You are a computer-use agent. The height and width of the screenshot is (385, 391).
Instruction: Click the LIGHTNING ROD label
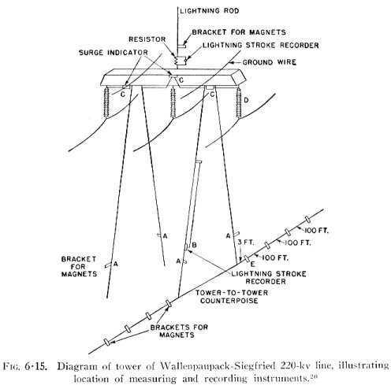[210, 11]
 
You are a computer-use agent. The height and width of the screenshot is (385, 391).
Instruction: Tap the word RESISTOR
[147, 39]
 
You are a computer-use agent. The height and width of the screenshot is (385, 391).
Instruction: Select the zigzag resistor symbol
[175, 60]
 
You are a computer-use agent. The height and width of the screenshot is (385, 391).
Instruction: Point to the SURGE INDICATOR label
[114, 53]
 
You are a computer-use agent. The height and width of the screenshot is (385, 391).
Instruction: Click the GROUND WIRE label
[270, 62]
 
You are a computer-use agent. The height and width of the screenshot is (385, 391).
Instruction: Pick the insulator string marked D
[239, 102]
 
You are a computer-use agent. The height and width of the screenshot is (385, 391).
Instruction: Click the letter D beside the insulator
[247, 100]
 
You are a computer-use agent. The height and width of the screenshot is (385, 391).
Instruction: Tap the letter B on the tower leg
[195, 245]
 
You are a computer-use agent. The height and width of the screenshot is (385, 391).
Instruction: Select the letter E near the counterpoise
[252, 265]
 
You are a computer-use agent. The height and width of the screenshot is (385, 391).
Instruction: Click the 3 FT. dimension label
[246, 242]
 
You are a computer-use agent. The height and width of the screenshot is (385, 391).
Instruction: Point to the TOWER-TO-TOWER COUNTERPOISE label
[231, 297]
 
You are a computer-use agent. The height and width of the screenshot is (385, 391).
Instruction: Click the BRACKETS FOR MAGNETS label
[179, 331]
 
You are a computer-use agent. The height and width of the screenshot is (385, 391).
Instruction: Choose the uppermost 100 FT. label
[316, 231]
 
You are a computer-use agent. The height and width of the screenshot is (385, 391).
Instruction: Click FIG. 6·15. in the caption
[25, 366]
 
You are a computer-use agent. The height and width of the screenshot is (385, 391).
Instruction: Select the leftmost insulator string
[106, 102]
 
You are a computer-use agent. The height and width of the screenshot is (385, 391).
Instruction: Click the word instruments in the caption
[281, 379]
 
